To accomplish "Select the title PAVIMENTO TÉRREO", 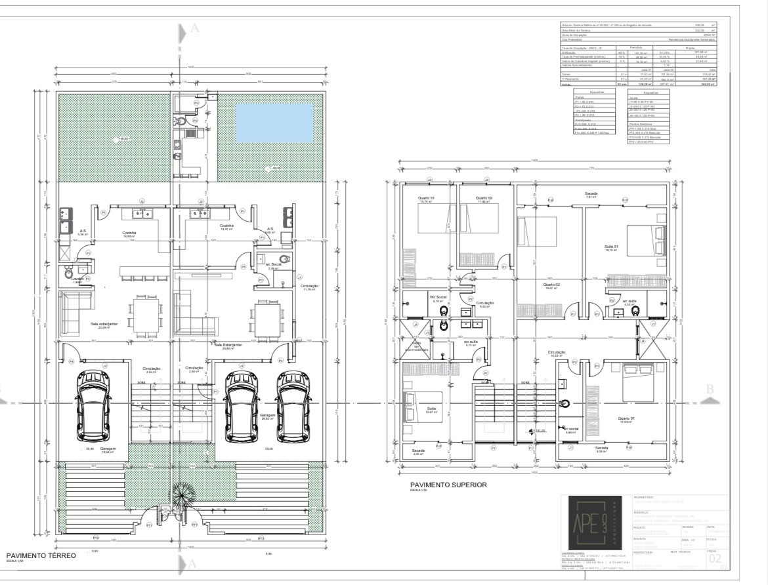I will pos(41,555).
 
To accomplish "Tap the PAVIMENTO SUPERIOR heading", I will pos(448,485).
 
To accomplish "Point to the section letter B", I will pos(709,389).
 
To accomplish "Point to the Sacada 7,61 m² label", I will pos(591,195).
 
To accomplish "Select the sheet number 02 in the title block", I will pos(715,558).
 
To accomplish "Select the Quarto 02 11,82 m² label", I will pos(484,199).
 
